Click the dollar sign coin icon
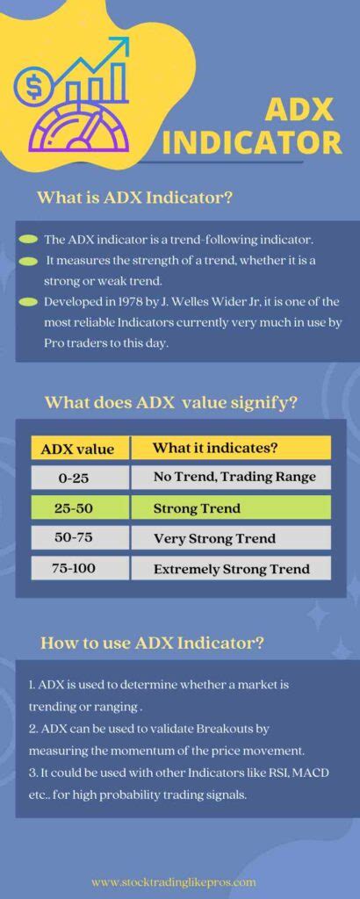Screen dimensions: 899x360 [32, 87]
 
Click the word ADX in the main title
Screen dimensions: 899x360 [299, 110]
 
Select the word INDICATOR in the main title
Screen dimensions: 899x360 [251, 142]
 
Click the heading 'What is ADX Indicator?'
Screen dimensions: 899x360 [134, 198]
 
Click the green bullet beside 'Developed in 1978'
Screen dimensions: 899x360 [27, 302]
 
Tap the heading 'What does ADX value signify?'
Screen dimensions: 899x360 [170, 403]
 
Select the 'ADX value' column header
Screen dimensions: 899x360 [78, 449]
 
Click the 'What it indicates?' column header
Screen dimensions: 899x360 [215, 448]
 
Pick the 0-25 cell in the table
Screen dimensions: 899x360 [78, 478]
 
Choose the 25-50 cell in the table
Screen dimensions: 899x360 [78, 508]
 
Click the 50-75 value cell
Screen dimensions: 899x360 [78, 538]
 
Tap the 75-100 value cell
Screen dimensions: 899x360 [78, 568]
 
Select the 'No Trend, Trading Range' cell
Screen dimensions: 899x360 [230, 478]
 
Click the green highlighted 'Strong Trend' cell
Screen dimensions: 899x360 [230, 508]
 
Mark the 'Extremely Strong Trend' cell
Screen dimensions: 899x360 [230, 569]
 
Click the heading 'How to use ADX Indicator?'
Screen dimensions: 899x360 [152, 643]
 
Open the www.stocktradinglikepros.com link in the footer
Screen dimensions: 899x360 [173, 881]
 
